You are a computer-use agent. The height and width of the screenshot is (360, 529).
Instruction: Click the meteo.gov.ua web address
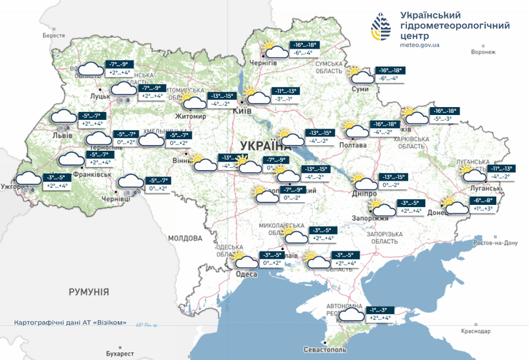point(420,44)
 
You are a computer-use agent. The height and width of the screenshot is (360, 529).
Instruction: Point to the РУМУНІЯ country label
point(89,292)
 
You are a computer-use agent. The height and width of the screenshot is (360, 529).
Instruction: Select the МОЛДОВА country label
point(185,238)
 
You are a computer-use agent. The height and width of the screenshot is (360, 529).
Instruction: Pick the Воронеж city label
point(483,52)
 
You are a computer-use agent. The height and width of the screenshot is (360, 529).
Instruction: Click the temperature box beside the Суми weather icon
point(390,74)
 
